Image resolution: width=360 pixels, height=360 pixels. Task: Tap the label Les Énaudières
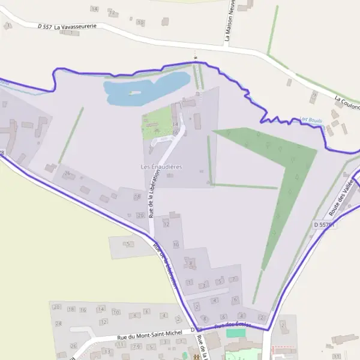point(161,166)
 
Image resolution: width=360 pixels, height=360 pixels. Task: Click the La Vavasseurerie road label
point(75,27)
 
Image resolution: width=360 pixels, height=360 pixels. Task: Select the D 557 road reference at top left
point(44,26)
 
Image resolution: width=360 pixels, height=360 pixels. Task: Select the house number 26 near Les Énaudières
point(67,174)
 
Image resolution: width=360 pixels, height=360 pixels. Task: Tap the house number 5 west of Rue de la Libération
point(128,244)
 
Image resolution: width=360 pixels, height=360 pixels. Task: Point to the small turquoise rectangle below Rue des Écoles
point(236,333)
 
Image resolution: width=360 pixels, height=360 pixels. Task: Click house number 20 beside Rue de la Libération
point(140,215)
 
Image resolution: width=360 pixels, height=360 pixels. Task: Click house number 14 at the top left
point(94,9)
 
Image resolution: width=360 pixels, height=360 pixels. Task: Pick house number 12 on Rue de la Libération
point(166,224)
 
